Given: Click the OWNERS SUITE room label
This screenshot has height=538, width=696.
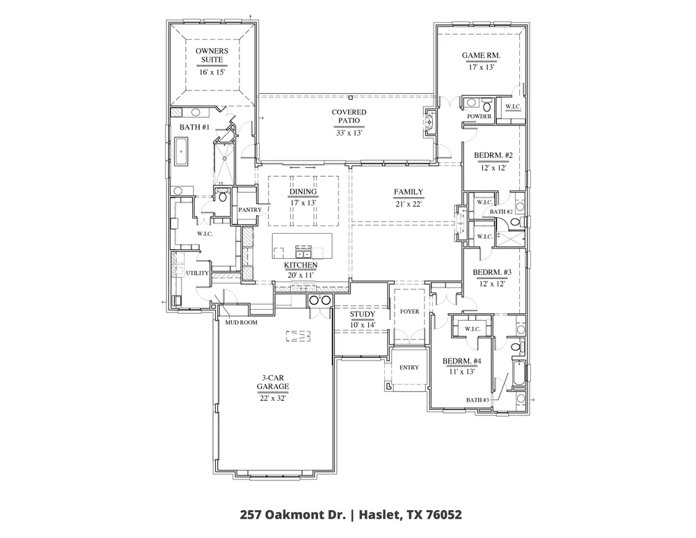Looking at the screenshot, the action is click(212, 56).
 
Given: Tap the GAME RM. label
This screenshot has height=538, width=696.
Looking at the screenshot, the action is click(481, 56).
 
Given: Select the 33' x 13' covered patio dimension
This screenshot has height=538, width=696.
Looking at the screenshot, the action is click(349, 133).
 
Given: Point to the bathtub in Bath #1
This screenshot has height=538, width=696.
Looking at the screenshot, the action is click(181, 152).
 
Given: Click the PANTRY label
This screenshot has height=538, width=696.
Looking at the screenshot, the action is click(250, 209).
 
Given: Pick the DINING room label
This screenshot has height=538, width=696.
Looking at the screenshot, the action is click(303, 192).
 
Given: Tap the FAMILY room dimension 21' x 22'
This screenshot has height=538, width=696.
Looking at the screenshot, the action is click(409, 204).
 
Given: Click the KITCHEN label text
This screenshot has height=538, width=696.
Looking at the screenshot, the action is click(301, 265).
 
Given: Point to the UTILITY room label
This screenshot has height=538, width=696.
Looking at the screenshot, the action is click(197, 273).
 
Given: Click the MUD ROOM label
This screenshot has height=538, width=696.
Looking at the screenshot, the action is click(241, 323).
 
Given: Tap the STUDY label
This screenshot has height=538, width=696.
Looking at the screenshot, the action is click(362, 315).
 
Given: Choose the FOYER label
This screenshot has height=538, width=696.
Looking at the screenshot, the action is click(409, 312).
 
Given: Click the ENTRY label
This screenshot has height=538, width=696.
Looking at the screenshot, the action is click(409, 367).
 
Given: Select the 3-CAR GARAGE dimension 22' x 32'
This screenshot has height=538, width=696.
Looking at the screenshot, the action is click(273, 399).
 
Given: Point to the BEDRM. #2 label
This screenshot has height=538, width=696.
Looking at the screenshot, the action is click(493, 155).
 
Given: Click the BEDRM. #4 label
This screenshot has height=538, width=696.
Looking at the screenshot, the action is click(461, 361).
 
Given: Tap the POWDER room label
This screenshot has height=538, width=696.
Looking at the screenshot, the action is click(480, 116).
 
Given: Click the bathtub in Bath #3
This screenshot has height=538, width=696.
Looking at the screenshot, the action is click(519, 374).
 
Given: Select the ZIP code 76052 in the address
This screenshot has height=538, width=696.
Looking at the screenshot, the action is click(444, 515).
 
